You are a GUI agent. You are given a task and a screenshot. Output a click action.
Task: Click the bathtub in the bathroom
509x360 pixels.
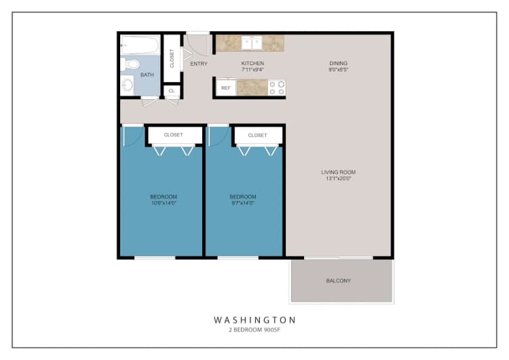pos(140,48)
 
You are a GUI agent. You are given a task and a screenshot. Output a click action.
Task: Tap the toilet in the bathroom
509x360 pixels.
pos(126,65)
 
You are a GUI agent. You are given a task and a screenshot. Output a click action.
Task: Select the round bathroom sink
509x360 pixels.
pos(128,86)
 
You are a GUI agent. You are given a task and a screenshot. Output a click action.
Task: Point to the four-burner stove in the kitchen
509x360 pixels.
pos(276,88)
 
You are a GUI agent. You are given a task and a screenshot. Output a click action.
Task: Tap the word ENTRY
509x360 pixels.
pos(199,64)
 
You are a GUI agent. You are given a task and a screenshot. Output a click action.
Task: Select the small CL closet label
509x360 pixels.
pos(172,90)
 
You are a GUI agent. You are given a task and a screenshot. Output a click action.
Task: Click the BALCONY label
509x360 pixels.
pos(339,281)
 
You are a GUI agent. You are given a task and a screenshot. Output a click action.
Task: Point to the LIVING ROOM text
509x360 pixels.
pos(339,172)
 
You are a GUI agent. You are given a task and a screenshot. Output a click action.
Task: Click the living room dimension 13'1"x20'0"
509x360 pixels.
pos(339,179)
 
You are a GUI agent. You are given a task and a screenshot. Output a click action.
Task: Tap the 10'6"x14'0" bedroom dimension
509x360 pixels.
pos(164,203)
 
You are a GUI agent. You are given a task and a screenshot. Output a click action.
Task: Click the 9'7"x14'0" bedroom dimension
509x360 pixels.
pos(243,203)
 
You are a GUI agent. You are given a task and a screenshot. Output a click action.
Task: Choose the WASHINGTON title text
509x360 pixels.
pos(254,319)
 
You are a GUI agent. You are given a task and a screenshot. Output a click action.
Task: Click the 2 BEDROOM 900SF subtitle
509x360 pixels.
pos(254,330)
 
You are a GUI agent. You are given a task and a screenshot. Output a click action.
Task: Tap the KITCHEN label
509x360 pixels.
pos(252,63)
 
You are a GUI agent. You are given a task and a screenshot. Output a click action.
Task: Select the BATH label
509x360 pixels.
pos(147,75)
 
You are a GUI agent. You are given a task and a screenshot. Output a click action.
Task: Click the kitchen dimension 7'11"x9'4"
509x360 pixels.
pos(252,70)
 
